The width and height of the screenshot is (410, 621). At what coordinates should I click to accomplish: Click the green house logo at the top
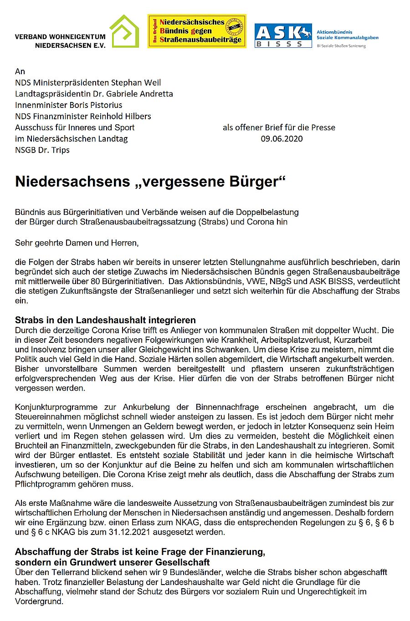(x=124, y=31)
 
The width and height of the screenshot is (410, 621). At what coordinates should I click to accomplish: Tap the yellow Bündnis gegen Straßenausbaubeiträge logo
(x=197, y=31)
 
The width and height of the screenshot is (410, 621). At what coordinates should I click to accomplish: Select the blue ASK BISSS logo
(x=283, y=36)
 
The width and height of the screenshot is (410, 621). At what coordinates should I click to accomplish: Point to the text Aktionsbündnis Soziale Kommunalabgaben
(x=347, y=35)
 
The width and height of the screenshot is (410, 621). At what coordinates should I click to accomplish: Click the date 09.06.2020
(x=282, y=138)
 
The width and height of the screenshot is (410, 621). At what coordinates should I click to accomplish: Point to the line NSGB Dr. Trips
(x=42, y=150)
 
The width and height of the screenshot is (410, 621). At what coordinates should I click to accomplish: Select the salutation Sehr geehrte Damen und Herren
(x=77, y=243)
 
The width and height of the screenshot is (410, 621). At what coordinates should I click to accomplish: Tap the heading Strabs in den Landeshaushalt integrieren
(x=105, y=320)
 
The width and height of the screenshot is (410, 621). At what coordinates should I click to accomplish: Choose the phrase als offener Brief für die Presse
(x=279, y=127)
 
